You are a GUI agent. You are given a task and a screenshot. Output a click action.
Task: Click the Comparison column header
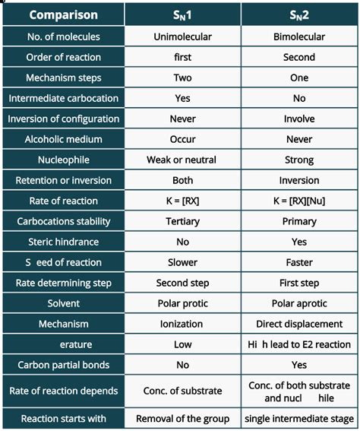coord(62,14)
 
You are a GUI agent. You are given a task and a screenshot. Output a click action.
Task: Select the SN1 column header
coord(182,14)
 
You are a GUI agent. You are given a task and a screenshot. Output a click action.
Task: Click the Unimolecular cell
coord(182,36)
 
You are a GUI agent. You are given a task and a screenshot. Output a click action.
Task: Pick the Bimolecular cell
coord(299,36)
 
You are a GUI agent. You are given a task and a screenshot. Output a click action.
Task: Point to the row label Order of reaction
coord(62,57)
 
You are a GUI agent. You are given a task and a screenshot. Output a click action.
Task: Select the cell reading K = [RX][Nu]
coord(299,201)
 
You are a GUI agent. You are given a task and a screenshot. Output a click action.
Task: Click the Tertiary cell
coord(182,221)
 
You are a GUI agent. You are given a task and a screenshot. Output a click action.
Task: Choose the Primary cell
coord(299,221)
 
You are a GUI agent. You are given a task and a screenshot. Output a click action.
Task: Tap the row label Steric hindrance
coord(62,242)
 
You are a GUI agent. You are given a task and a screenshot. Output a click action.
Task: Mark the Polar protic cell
coord(182,303)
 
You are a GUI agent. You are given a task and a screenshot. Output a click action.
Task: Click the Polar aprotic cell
coord(299,303)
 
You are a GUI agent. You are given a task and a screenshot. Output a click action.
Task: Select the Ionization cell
coord(182,324)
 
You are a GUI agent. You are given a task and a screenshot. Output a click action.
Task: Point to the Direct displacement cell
coord(299,324)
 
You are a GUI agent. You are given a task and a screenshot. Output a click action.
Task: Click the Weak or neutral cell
coord(182,160)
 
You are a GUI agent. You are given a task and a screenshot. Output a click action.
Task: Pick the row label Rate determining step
coord(62,283)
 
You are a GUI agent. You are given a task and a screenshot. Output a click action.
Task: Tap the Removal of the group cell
coord(182,419)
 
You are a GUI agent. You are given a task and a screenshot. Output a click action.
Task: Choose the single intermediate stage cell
coord(299,419)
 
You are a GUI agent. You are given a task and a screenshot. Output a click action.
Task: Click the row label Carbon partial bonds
coord(62,365)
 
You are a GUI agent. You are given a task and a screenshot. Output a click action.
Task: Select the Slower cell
coord(182,262)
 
